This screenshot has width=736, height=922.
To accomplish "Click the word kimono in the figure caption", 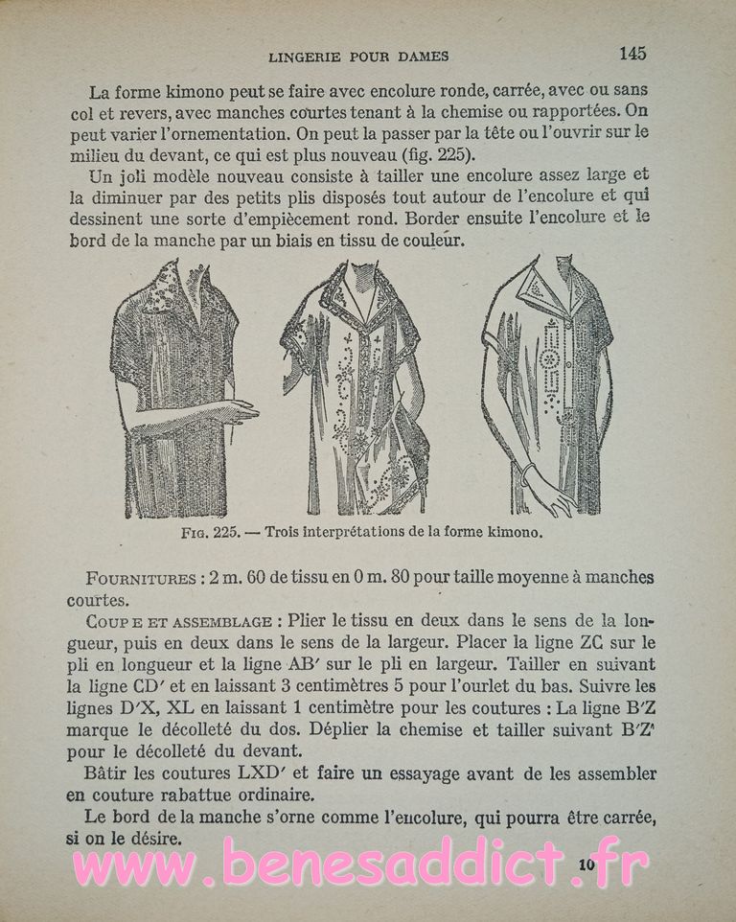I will point(511,534).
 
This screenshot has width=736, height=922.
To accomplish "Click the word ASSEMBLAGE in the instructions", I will point(223,620).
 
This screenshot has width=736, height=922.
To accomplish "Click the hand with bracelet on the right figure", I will point(548,488).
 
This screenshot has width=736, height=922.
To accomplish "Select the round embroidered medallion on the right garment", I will point(550,358).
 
